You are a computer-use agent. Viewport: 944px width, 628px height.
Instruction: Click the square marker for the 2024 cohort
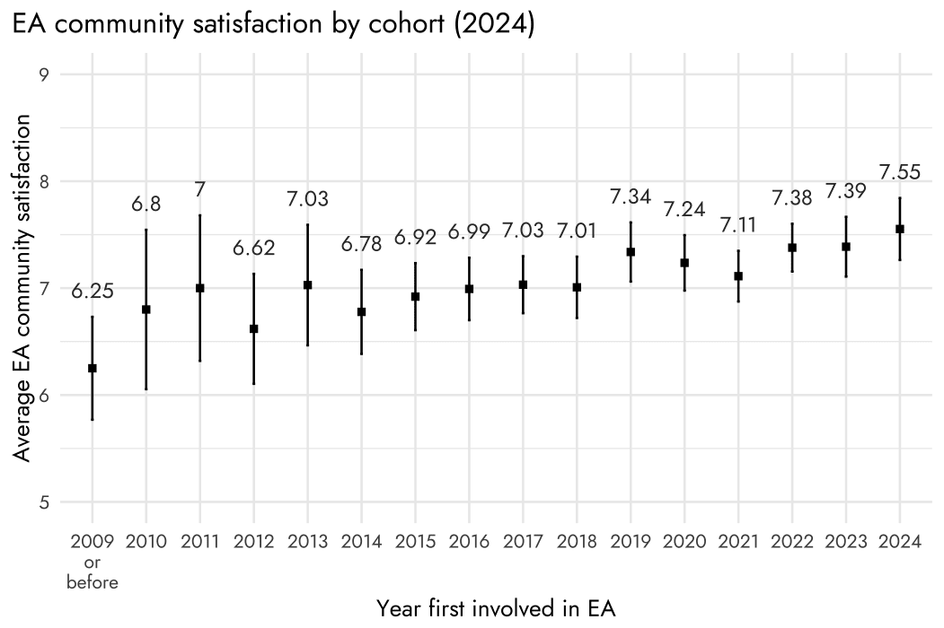900,229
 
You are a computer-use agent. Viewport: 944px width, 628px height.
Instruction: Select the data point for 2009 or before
93,368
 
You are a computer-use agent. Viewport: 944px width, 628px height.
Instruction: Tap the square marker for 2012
253,329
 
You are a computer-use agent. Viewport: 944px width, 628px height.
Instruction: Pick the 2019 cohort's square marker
631,252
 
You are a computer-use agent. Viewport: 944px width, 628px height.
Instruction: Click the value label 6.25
93,292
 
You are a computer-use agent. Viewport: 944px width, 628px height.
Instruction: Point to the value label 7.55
899,172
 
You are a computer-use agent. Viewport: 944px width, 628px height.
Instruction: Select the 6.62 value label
253,248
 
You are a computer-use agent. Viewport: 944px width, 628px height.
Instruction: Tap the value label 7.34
631,196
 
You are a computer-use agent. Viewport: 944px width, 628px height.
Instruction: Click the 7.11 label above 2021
738,225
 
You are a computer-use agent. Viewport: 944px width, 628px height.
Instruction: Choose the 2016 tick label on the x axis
469,541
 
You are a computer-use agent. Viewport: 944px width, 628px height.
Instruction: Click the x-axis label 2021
738,541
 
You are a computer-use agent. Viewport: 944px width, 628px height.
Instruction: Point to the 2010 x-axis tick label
146,541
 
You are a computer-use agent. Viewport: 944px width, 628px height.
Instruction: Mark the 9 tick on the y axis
44,74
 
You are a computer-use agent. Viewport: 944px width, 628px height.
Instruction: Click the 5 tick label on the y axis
44,502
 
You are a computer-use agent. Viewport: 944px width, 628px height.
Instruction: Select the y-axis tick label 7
44,289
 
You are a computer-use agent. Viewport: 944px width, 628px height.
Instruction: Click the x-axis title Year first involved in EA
496,609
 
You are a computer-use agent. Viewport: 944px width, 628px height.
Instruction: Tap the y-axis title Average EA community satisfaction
22,288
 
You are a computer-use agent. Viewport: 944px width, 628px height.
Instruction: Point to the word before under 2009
93,582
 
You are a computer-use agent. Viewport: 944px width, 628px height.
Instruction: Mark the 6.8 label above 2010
146,205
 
